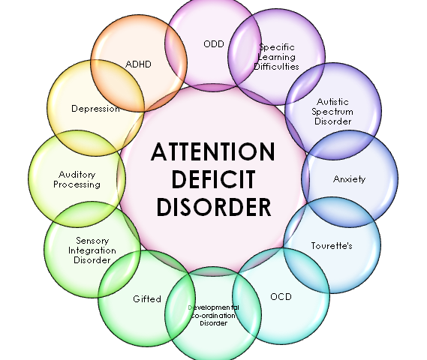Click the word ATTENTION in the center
(213, 151)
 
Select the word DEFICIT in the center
(214, 179)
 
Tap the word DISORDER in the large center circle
(214, 207)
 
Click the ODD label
(214, 43)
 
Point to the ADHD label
(138, 64)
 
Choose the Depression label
(95, 109)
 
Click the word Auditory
(77, 175)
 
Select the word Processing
(77, 184)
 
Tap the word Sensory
(92, 241)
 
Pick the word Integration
(92, 250)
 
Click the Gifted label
(147, 299)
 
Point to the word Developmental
(214, 307)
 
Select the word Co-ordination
(213, 316)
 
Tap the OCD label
(281, 296)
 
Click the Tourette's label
(332, 246)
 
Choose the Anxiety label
(350, 179)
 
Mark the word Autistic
(332, 102)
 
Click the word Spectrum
(332, 112)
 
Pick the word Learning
(277, 58)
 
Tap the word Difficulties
(277, 67)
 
